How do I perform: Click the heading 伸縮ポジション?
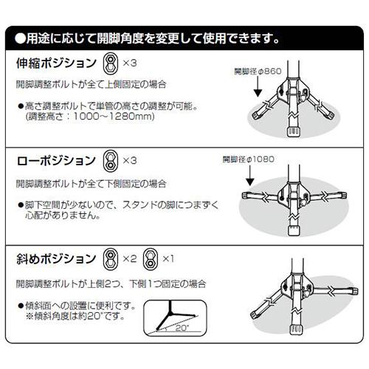click(x=56, y=63)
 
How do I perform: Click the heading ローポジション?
click(x=56, y=161)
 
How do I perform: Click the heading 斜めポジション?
click(x=56, y=259)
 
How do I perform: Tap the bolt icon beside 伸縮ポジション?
click(x=111, y=63)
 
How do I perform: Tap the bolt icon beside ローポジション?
click(x=111, y=161)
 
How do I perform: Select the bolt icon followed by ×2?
click(x=111, y=259)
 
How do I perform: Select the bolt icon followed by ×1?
click(x=151, y=259)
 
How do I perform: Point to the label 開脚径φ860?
click(x=258, y=72)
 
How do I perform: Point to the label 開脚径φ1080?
click(x=249, y=159)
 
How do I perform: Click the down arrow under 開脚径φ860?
click(x=258, y=86)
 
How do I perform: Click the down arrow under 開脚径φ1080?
click(x=250, y=175)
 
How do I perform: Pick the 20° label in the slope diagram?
click(x=182, y=328)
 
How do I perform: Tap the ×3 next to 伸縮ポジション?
click(x=130, y=63)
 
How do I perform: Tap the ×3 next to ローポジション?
click(x=130, y=161)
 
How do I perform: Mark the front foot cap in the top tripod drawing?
click(x=294, y=132)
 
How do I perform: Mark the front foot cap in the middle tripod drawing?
click(x=294, y=230)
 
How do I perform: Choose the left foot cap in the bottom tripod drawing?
click(x=255, y=313)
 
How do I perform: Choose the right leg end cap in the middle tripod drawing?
click(x=342, y=196)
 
